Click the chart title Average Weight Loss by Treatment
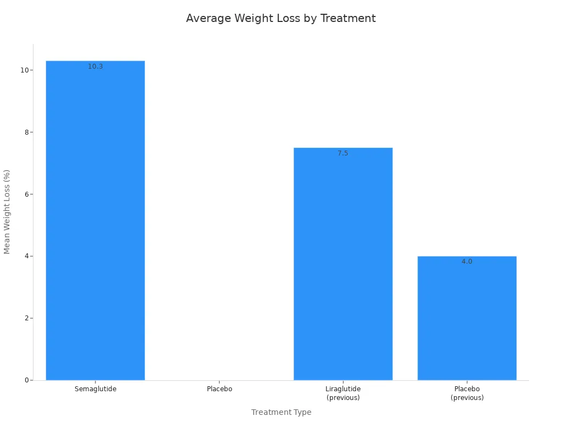pyautogui.click(x=280, y=18)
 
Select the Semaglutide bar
pyautogui.click(x=95, y=220)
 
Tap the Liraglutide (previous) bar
pyautogui.click(x=343, y=264)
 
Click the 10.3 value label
pyautogui.click(x=95, y=66)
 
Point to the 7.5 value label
pyautogui.click(x=343, y=153)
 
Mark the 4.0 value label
pyautogui.click(x=467, y=262)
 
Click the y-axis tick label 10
pyautogui.click(x=24, y=70)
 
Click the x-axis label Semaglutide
pyautogui.click(x=95, y=389)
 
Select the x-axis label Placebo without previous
pyautogui.click(x=220, y=389)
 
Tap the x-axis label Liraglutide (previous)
pyautogui.click(x=343, y=393)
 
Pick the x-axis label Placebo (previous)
pyautogui.click(x=467, y=393)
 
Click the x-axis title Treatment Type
pyautogui.click(x=281, y=412)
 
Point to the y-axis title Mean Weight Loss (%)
pyautogui.click(x=7, y=212)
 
